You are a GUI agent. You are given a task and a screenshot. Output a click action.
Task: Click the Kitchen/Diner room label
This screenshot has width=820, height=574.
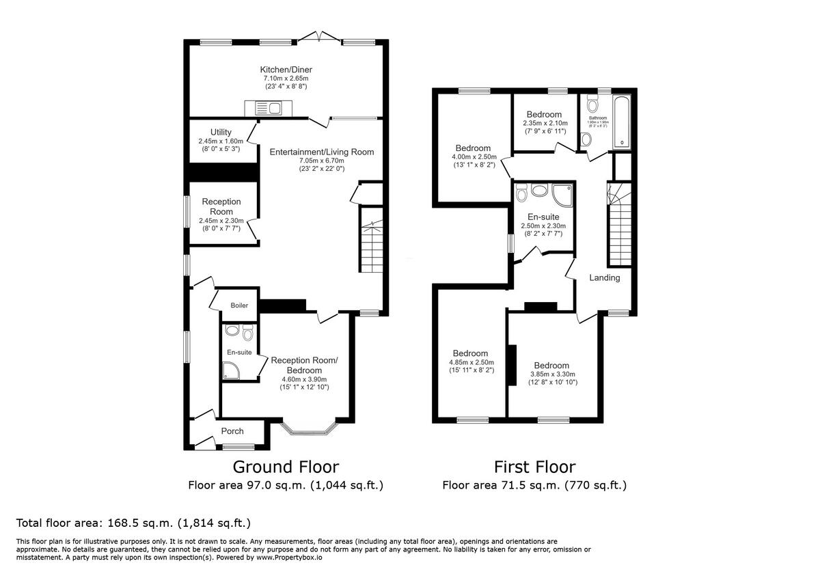(x=286, y=70)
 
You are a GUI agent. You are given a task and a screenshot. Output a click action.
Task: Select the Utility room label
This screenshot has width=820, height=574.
(x=221, y=132)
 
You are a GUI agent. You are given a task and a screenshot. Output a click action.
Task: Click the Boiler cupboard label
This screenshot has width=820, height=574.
(x=239, y=305)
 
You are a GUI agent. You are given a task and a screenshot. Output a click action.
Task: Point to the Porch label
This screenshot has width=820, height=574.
(x=232, y=431)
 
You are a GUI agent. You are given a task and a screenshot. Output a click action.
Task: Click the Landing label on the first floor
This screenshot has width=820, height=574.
(x=605, y=277)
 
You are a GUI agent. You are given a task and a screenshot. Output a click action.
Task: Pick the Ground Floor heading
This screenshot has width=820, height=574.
(x=286, y=467)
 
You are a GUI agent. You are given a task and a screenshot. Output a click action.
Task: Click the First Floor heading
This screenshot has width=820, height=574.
(x=534, y=467)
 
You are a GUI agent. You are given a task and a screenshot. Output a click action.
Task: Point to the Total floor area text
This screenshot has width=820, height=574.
(x=133, y=523)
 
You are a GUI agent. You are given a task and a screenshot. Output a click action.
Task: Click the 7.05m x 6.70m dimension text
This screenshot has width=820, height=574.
(x=321, y=162)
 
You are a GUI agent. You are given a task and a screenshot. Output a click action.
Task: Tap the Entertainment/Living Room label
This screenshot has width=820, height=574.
(x=321, y=152)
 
